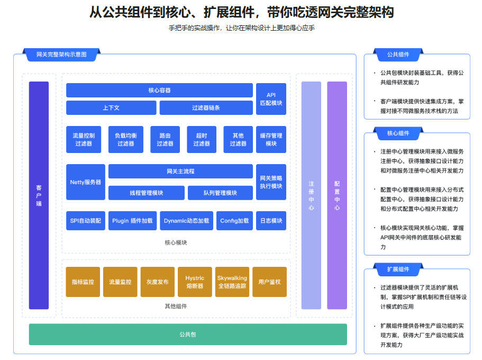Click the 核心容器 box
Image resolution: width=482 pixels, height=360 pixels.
coord(159,91)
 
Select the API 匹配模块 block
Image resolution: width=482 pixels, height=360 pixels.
coord(271,99)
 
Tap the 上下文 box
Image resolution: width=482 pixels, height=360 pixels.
coord(111,107)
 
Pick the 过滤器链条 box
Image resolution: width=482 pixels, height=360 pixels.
coord(206,107)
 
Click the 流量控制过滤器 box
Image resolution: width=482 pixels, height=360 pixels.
coord(84,139)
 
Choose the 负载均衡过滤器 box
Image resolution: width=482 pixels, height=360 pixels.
coord(125,139)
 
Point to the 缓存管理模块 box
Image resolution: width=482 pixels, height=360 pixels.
coord(271,139)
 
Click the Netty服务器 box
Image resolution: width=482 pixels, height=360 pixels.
coord(85,182)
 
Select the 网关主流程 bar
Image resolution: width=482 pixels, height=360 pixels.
coord(180,172)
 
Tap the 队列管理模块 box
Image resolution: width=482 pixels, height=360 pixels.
coord(220,193)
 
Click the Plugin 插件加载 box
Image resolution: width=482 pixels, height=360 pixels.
coord(132,221)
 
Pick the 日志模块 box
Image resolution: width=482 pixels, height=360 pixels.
coord(271,221)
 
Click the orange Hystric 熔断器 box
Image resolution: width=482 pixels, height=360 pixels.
coord(195,282)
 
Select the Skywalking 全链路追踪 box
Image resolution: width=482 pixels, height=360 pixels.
coord(232,282)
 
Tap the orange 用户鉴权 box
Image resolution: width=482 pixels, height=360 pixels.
coord(269,282)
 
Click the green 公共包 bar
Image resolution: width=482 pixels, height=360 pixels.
coord(188,335)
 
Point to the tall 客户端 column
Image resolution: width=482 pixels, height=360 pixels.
coord(39,195)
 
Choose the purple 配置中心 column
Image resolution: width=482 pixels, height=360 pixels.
coord(337,195)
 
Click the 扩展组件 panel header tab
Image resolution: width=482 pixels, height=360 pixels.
coord(398,269)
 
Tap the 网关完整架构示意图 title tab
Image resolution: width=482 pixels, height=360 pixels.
coord(61,55)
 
